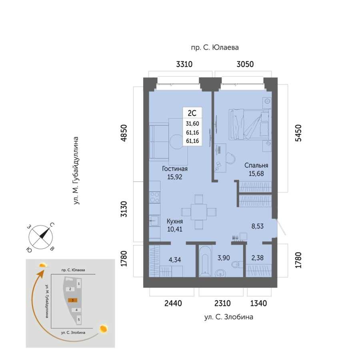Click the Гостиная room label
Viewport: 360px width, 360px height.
(x=175, y=169)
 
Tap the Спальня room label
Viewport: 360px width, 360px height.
(x=256, y=165)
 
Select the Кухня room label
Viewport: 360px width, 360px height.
(x=175, y=221)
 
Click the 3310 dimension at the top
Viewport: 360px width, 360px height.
(x=184, y=64)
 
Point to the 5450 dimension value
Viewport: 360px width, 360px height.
(x=298, y=133)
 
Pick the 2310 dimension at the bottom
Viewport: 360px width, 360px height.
(x=222, y=303)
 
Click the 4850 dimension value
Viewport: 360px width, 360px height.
(x=124, y=133)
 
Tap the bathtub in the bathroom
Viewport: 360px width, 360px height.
(x=205, y=261)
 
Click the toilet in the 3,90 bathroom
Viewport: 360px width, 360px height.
(x=237, y=264)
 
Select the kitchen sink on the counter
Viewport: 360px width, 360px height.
(x=154, y=221)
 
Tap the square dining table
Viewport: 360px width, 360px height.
(x=199, y=212)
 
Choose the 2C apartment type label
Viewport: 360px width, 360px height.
(x=192, y=113)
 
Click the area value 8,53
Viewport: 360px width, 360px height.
(x=257, y=226)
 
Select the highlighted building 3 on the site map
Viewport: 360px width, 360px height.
(x=72, y=300)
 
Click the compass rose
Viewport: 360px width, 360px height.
(x=41, y=237)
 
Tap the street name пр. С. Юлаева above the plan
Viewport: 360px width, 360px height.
(x=215, y=48)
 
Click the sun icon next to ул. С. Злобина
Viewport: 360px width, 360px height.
(x=104, y=328)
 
